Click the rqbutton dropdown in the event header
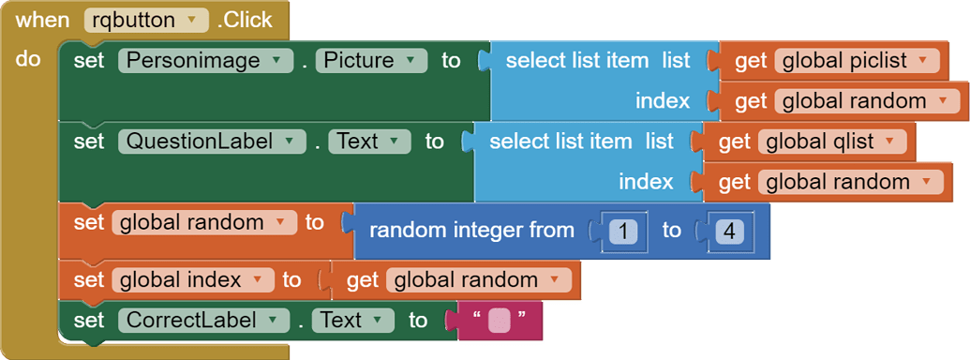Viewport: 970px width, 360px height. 146,20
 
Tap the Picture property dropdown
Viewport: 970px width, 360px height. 371,61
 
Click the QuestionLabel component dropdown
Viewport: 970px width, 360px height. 212,142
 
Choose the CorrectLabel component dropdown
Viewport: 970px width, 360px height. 203,320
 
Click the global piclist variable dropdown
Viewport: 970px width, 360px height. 857,61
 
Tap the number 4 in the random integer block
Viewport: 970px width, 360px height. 724,230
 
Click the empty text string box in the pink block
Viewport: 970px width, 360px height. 499,321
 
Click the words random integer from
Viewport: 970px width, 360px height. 471,230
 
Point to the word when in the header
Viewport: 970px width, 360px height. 42,20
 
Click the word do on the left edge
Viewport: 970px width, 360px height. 28,59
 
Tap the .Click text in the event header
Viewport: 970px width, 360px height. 245,20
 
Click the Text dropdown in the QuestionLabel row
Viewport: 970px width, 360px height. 369,142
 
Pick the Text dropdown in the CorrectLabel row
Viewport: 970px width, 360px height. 352,320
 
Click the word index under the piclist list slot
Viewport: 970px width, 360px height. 663,101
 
